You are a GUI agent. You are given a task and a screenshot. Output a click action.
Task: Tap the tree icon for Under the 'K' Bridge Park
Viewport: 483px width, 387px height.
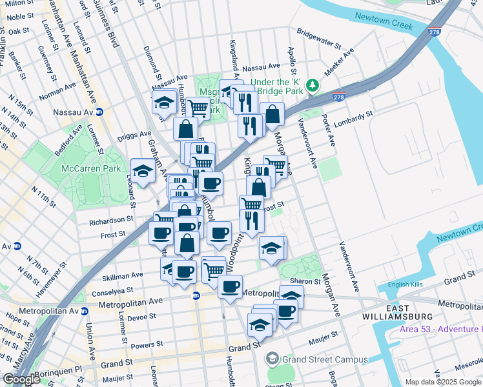[313, 86]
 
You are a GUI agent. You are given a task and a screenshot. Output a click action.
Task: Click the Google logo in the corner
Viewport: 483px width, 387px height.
[21, 379]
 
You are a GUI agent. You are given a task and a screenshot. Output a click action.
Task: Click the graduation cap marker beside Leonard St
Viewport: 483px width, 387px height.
[143, 171]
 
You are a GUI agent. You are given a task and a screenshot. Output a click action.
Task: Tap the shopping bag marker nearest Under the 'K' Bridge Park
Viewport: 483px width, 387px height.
[272, 114]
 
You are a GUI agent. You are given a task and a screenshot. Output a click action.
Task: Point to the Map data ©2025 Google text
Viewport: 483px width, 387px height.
[444, 382]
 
